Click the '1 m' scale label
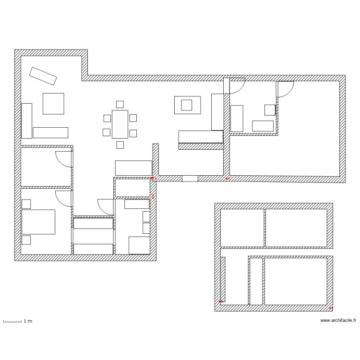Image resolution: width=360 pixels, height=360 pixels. pos(28,321)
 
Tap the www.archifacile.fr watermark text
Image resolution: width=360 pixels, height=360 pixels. pos(338,321)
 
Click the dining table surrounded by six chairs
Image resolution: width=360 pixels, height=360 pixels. pos(120,124)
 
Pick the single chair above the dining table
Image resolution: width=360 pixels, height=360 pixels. pos(120,104)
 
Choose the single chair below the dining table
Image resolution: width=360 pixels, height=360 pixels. pos(120,144)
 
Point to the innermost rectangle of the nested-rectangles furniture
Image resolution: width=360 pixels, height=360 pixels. pos(187,105)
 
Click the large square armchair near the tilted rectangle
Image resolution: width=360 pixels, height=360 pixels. pos(53,104)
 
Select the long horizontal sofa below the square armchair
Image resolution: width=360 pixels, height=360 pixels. pos(50,132)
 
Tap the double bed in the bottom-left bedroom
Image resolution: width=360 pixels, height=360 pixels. pos(38,222)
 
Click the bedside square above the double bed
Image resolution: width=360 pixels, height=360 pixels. pos(26,204)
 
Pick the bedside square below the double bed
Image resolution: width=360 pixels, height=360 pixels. pos(26,240)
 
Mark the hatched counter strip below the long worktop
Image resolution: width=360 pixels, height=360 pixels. pos(201,146)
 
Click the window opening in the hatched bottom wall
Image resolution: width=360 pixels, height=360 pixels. pos(190,178)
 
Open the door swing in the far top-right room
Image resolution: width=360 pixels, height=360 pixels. pos(284,89)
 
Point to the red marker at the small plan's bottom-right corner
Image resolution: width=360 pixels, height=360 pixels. pos(331,308)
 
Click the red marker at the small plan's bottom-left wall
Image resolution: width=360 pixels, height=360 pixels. pos(221,301)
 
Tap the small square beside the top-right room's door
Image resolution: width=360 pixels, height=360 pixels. pos(270,110)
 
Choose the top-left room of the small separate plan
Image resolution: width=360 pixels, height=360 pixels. pos(242,228)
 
